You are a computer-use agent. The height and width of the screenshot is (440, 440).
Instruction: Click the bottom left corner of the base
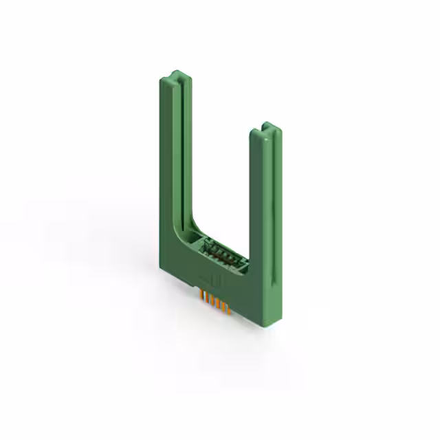tap(166, 264)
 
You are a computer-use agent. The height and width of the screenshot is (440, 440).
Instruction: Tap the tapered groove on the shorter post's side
tap(274, 206)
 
